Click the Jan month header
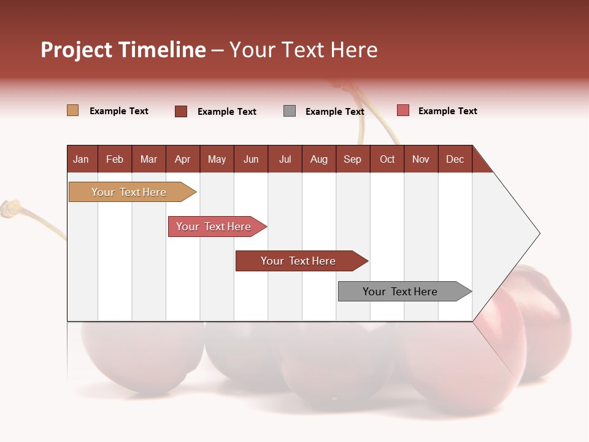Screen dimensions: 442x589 [81, 159]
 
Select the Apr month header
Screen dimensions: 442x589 [182, 159]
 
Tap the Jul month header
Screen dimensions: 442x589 [285, 159]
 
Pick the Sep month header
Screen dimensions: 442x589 [352, 159]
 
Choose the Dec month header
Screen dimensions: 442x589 [455, 159]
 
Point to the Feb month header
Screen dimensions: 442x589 [115, 159]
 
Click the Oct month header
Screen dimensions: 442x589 [387, 159]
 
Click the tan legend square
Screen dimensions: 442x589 [72, 110]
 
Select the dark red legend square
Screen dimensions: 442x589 [181, 111]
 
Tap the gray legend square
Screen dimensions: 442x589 [290, 111]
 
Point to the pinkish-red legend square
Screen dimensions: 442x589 [402, 110]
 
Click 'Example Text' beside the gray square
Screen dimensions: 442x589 [334, 112]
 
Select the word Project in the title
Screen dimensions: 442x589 [76, 50]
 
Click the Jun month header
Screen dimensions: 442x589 [251, 159]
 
